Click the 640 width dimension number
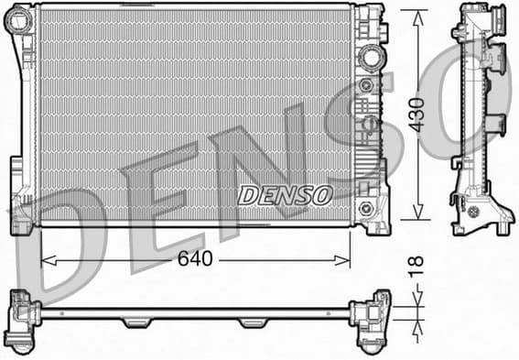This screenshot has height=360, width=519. tap(195, 259)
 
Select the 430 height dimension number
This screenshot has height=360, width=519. tap(416, 115)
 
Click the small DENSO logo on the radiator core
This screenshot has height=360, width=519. tap(285, 195)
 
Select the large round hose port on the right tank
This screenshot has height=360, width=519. tap(370, 56)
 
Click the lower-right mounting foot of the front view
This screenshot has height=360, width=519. tap(374, 221)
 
